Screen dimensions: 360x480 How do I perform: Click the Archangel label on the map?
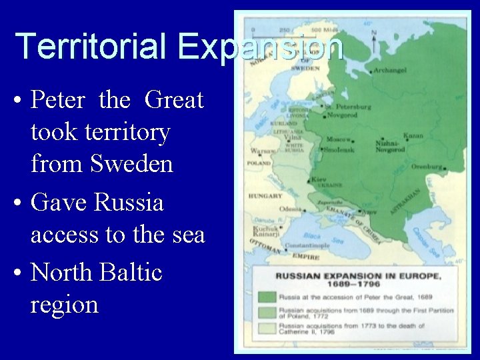pyautogui.click(x=391, y=70)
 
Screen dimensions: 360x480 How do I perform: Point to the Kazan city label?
pyautogui.click(x=413, y=135)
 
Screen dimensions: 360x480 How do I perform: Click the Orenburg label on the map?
pyautogui.click(x=427, y=167)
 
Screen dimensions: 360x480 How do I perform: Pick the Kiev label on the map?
pyautogui.click(x=318, y=179)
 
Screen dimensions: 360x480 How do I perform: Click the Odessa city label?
pyautogui.click(x=291, y=208)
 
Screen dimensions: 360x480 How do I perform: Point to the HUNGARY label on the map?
pyautogui.click(x=265, y=196)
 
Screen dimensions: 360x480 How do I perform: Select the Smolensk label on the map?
pyautogui.click(x=340, y=149)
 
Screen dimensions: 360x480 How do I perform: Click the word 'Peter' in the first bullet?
pyautogui.click(x=58, y=100)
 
